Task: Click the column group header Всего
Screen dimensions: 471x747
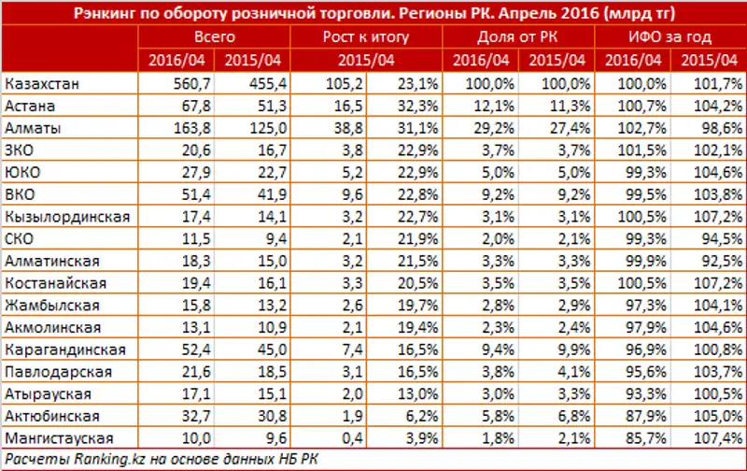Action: click(214, 38)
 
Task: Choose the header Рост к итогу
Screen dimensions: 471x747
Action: click(366, 38)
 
